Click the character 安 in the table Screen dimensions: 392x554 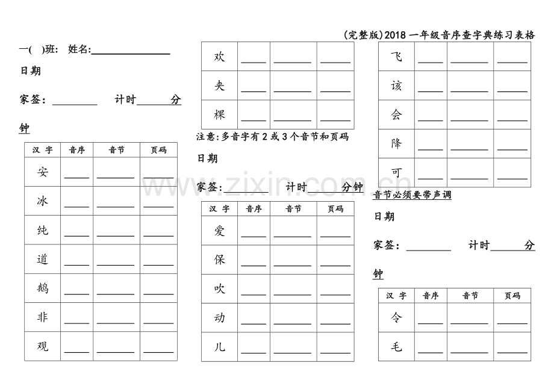42,172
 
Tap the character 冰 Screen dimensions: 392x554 42,201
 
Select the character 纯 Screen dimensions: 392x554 42,231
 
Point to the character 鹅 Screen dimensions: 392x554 42,288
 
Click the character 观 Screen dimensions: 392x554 42,346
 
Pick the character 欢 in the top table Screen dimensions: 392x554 220,57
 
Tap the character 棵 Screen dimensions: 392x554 220,114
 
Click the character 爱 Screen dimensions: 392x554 220,231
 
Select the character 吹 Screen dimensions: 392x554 220,289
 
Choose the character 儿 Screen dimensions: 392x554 220,347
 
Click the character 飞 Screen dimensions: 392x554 396,57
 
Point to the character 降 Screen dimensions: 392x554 396,144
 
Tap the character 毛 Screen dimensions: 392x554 396,347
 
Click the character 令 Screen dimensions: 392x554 396,317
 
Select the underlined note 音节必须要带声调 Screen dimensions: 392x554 412,195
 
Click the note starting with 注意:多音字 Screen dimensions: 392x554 272,137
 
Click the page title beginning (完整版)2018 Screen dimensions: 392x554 439,35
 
